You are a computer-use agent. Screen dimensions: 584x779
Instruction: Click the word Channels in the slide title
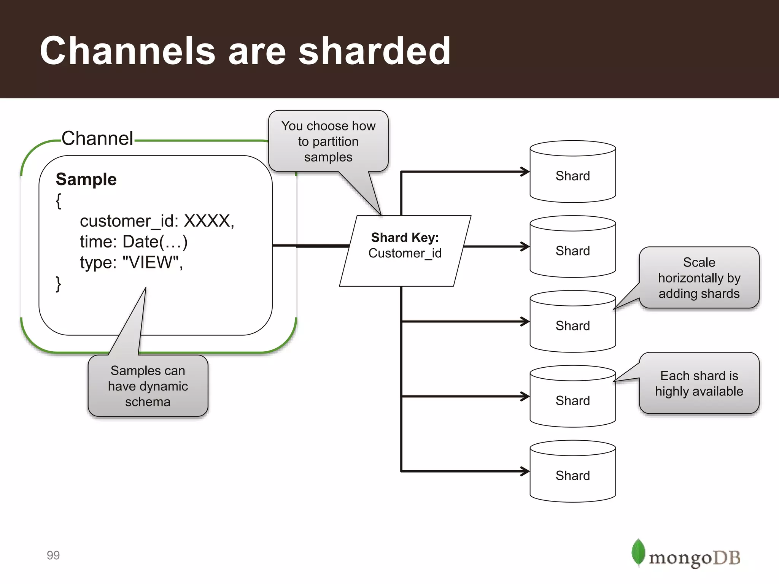point(128,51)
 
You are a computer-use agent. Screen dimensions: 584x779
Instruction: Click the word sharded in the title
point(374,51)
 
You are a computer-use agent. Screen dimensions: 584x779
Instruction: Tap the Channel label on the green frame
point(97,138)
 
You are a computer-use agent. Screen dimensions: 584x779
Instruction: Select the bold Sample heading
point(86,179)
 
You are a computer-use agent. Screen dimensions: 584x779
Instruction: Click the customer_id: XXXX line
point(157,221)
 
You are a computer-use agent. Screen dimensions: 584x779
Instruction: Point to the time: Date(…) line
point(134,242)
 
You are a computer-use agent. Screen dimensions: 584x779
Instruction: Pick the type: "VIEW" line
point(131,262)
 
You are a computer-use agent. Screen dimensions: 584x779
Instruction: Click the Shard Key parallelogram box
point(405,251)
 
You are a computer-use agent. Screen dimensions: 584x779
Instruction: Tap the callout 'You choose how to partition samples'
point(328,141)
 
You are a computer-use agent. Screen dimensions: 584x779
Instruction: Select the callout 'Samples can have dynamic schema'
point(148,386)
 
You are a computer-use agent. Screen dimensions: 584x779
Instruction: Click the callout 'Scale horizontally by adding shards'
point(699,278)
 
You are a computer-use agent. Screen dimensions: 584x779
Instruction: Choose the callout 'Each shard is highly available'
point(699,383)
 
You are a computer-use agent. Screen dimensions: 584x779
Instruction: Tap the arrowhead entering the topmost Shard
point(526,171)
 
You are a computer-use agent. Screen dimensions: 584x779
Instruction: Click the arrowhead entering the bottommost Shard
point(526,471)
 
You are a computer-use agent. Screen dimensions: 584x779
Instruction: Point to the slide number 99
point(53,555)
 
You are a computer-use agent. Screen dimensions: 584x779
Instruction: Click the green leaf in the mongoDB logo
point(638,552)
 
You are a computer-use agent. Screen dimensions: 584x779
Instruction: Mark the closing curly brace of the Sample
point(58,284)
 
